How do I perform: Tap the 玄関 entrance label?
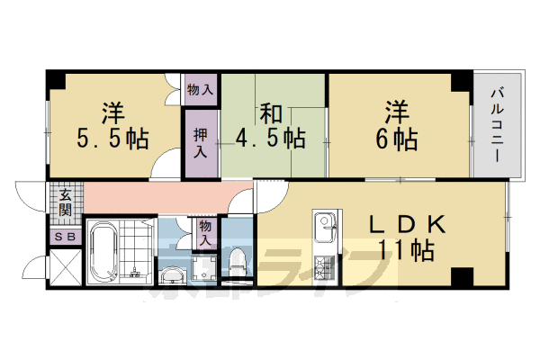point(66,205)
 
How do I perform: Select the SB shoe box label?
point(66,237)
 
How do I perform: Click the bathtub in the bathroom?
point(103,251)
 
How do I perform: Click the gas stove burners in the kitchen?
point(324,266)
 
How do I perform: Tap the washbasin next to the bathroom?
point(172,274)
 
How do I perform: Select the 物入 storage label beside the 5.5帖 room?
point(201,89)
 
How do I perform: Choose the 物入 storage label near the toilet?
point(206,232)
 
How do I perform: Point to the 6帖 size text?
point(397,141)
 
